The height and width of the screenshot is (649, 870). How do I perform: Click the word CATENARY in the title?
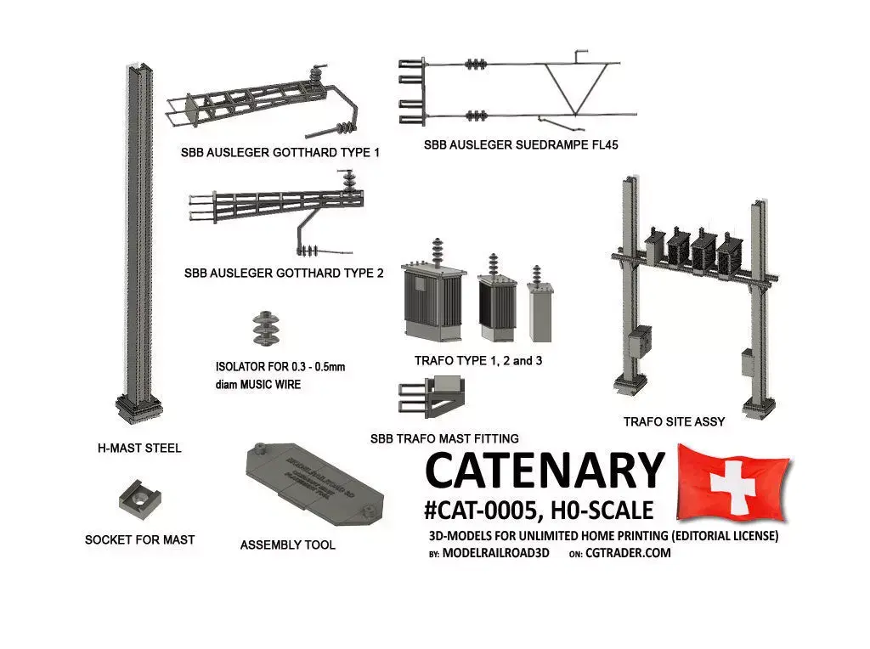pos(544,470)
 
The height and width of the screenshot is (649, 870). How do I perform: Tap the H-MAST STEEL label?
pos(139,448)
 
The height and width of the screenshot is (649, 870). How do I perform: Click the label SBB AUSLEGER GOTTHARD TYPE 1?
pos(280,154)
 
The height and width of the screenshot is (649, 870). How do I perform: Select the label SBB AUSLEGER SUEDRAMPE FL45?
pos(521,145)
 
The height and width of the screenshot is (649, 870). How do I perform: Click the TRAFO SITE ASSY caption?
pos(674,421)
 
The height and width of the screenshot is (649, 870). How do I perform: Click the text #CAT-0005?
pos(478,511)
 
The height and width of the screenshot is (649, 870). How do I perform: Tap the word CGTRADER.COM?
pos(628,553)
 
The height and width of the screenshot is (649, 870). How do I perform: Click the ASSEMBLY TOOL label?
pos(287,545)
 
